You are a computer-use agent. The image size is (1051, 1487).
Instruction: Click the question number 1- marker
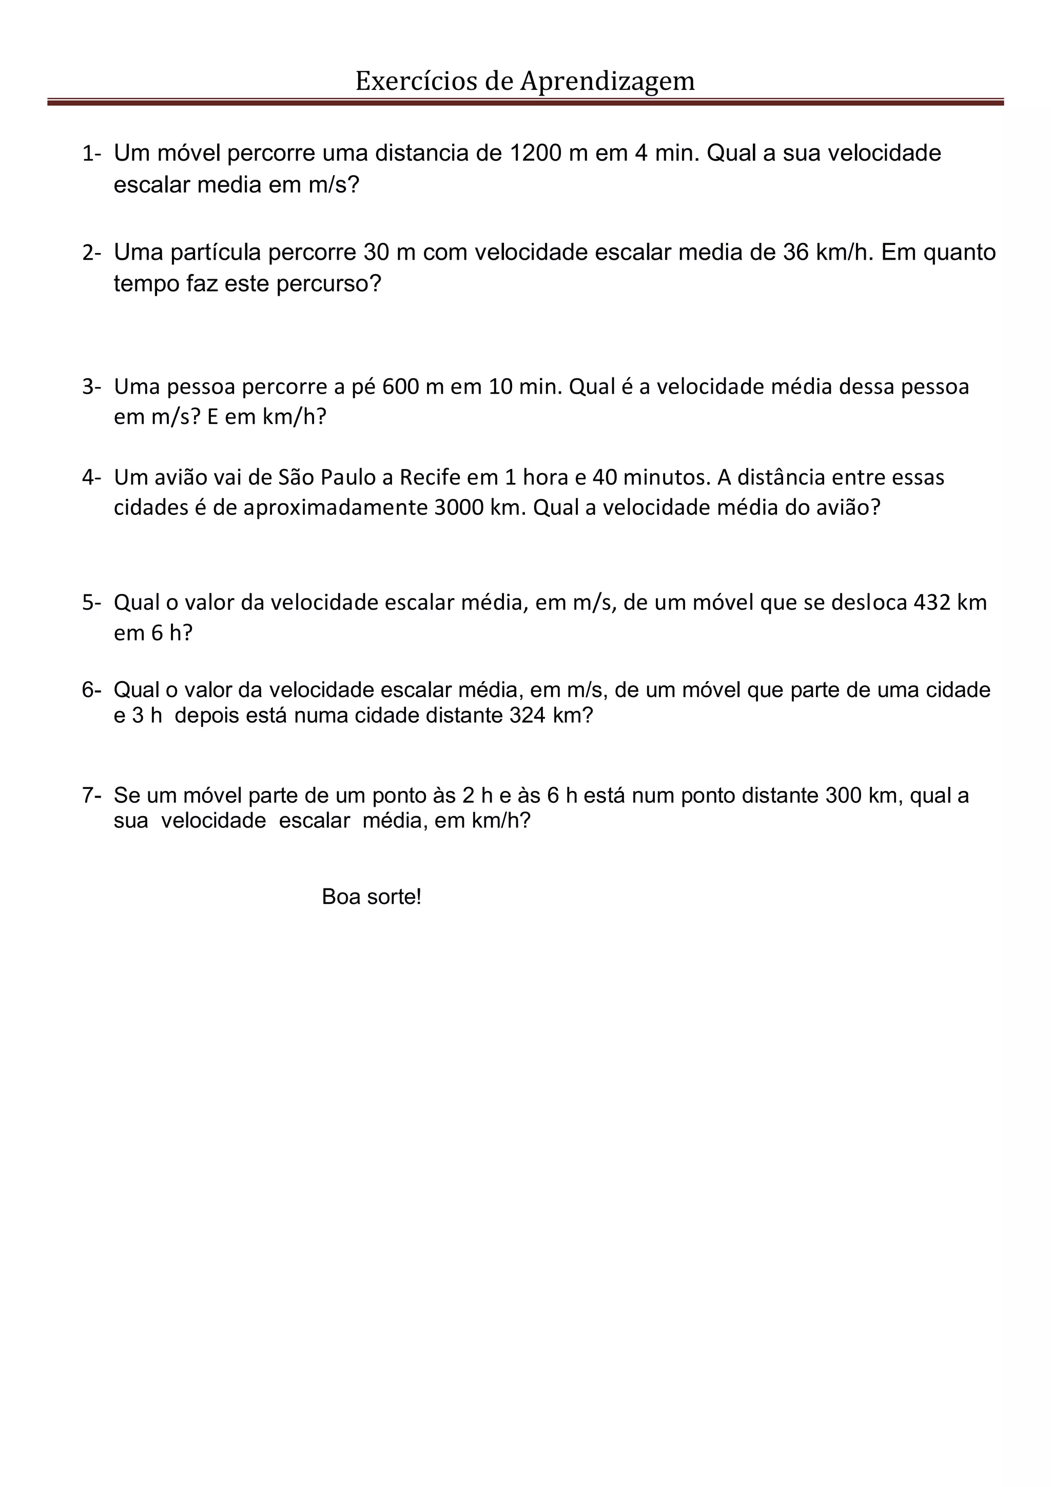point(91,153)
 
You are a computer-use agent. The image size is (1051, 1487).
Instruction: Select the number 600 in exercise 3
point(401,387)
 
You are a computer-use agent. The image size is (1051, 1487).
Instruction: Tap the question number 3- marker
point(91,387)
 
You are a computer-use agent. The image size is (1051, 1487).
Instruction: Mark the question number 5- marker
point(91,602)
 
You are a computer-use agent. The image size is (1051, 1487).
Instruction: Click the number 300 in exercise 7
point(843,795)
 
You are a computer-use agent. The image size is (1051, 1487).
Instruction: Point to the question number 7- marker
point(91,795)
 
